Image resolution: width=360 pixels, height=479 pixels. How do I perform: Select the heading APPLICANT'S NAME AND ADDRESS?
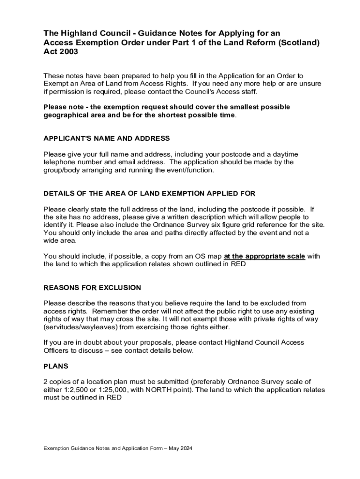(x=107, y=138)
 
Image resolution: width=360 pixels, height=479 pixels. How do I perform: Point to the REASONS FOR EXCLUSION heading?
(x=92, y=287)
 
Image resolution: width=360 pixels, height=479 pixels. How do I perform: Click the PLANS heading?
(x=56, y=366)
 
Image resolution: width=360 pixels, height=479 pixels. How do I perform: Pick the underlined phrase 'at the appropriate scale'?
(x=265, y=256)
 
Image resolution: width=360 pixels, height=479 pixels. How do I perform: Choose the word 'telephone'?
(x=60, y=162)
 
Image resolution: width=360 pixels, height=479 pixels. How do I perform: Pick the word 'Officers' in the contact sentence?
(x=57, y=350)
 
